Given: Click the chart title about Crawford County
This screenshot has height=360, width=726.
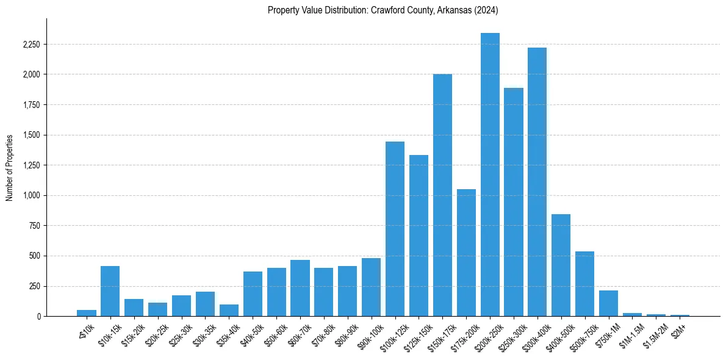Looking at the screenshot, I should (x=383, y=10).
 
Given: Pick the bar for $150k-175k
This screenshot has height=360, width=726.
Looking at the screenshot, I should (x=442, y=195).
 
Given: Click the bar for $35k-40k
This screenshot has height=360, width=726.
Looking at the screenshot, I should (x=229, y=310).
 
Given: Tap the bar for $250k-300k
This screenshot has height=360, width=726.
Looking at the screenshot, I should (x=514, y=202).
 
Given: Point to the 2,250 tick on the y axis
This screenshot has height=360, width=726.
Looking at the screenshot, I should (x=32, y=45).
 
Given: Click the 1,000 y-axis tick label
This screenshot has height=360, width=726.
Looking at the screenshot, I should (x=32, y=196).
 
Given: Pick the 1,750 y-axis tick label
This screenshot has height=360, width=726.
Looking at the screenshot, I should (x=32, y=105).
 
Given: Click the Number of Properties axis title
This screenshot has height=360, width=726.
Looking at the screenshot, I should (x=9, y=167).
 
